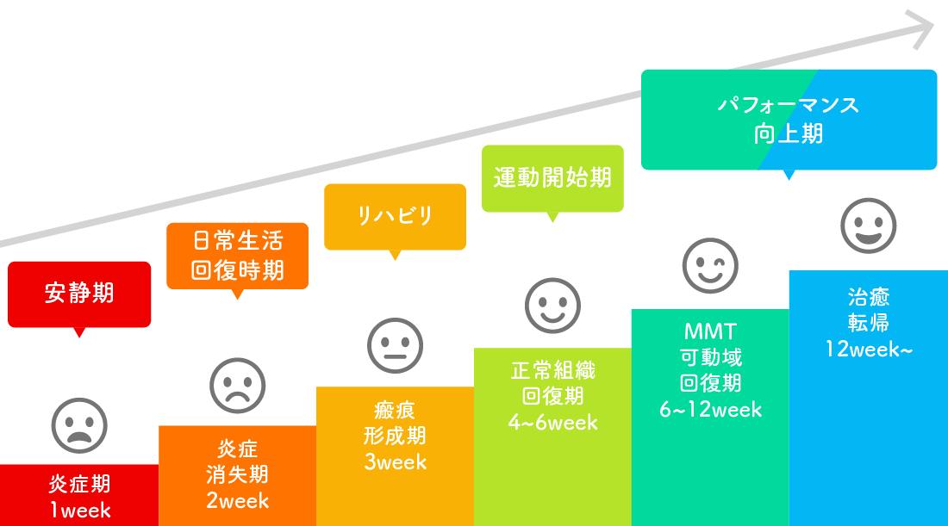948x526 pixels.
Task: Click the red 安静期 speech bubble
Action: point(79,294)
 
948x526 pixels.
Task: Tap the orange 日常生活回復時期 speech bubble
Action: point(237,255)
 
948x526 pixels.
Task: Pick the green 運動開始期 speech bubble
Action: point(552,178)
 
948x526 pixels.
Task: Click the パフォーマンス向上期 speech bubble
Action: point(789,120)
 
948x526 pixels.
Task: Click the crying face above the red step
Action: point(79,424)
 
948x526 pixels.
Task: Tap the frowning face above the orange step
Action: point(237,385)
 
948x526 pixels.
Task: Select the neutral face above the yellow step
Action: point(395,345)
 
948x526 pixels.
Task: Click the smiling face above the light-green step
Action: point(552,305)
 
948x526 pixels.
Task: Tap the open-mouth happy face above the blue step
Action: point(868,226)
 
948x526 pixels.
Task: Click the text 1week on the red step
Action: point(80,511)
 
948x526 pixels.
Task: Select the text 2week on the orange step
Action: point(238,500)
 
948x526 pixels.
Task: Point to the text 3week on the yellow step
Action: point(396,462)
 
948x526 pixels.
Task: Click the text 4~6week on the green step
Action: point(552,423)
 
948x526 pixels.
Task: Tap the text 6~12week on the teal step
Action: point(710,410)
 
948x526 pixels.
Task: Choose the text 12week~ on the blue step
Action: point(868,350)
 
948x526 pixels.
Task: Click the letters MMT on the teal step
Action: point(710,331)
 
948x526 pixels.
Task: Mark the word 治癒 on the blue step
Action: point(868,297)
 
